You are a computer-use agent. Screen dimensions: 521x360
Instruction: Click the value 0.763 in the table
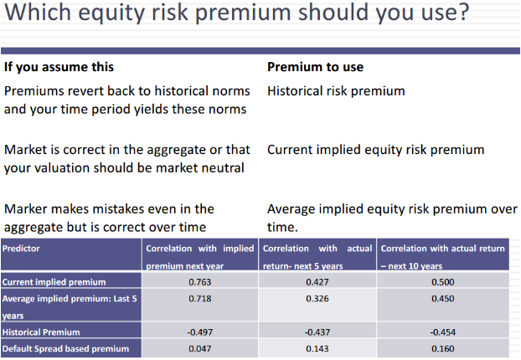click(199, 282)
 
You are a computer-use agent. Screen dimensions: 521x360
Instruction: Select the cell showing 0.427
click(317, 282)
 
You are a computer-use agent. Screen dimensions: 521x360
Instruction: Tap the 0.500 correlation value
click(443, 282)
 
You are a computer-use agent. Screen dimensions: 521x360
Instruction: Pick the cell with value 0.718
click(199, 299)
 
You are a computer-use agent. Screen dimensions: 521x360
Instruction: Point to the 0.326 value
click(317, 299)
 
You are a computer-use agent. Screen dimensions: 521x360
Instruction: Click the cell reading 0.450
click(443, 299)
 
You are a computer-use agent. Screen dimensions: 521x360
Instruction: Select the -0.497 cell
click(199, 332)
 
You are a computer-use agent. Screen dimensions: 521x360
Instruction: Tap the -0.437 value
click(317, 332)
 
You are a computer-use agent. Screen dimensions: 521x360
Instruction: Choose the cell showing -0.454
click(443, 332)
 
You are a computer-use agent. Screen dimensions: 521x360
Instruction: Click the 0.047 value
click(199, 349)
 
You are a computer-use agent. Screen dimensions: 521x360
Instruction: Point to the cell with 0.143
click(317, 349)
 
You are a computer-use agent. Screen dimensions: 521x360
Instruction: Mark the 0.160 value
click(443, 349)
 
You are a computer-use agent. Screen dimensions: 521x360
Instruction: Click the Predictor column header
click(21, 249)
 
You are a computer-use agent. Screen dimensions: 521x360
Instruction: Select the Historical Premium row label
click(41, 332)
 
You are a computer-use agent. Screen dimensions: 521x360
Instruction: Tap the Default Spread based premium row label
click(65, 349)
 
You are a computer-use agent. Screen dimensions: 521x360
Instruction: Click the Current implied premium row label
click(54, 282)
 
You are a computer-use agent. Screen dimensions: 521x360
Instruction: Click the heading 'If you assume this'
click(59, 68)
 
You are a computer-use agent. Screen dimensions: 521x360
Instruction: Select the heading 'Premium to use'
click(315, 67)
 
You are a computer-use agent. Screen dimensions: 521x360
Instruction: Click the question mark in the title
click(463, 12)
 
